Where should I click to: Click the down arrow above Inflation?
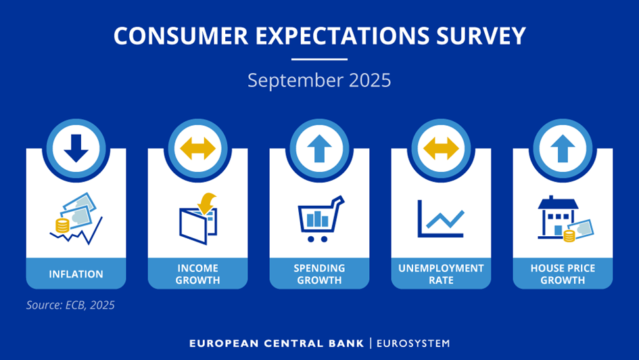[76, 148]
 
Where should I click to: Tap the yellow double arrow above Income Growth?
[197, 148]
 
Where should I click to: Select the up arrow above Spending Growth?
[319, 148]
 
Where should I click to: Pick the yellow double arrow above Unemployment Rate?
[441, 148]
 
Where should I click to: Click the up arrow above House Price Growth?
[563, 148]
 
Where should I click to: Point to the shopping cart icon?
[321, 219]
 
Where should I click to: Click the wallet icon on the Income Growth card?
[199, 219]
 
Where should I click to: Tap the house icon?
[557, 217]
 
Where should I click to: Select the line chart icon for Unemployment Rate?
[441, 219]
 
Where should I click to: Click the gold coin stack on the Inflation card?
[62, 225]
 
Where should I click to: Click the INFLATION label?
[76, 274]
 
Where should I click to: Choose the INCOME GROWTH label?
[197, 274]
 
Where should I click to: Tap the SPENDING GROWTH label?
[319, 274]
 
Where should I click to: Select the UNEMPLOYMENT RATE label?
[441, 274]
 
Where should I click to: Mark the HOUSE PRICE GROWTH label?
[563, 274]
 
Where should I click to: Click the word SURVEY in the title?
[481, 35]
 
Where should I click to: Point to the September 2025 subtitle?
[319, 81]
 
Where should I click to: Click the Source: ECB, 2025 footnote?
[70, 305]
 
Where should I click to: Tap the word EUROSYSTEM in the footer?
[413, 343]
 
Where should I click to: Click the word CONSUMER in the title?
[181, 35]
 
